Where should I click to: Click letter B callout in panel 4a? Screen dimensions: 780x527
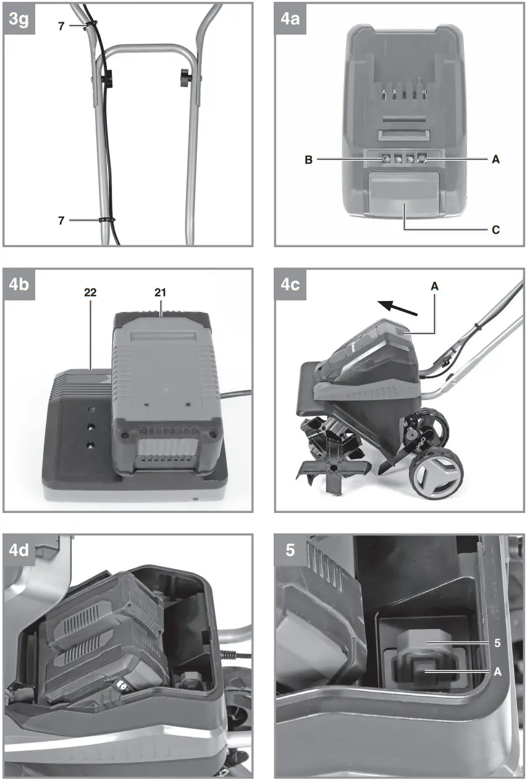pos(308,159)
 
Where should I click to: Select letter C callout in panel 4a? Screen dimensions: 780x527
pos(495,229)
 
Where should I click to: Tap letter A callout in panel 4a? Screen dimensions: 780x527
pos(495,159)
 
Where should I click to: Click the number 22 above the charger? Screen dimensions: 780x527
pos(91,292)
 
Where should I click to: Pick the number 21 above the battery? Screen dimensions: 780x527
pos(161,292)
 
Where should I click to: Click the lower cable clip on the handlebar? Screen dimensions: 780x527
pos(106,219)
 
